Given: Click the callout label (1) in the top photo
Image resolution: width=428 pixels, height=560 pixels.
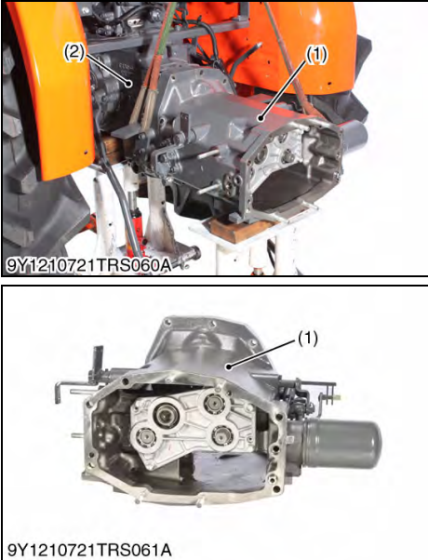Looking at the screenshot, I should point(316,54).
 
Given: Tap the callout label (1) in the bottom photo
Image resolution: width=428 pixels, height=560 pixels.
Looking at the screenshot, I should point(305,339).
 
